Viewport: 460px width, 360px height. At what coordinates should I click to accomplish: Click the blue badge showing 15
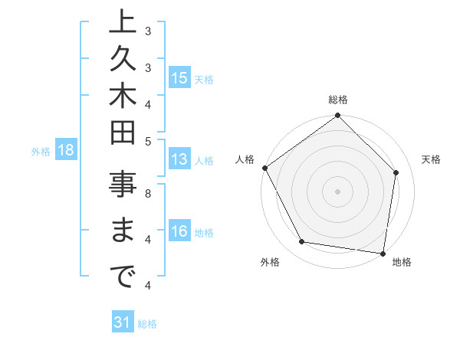pyautogui.click(x=179, y=78)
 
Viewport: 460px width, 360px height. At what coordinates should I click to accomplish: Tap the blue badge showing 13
pyautogui.click(x=179, y=160)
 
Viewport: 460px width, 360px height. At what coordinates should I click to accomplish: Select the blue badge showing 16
pyautogui.click(x=179, y=232)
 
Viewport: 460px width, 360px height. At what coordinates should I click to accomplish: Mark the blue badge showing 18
pyautogui.click(x=66, y=150)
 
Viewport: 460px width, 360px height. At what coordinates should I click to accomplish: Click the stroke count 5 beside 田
pyautogui.click(x=148, y=141)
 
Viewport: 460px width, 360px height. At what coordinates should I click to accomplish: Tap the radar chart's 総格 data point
pyautogui.click(x=337, y=116)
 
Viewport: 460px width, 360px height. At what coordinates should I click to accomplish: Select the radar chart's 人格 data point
pyautogui.click(x=265, y=168)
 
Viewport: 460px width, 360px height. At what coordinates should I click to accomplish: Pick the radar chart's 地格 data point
pyautogui.click(x=383, y=253)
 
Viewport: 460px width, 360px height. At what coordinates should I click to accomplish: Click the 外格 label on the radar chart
pyautogui.click(x=270, y=263)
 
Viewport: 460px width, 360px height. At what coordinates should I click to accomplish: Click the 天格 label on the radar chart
pyautogui.click(x=432, y=159)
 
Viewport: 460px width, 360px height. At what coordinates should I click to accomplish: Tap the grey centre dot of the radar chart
pyautogui.click(x=337, y=191)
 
